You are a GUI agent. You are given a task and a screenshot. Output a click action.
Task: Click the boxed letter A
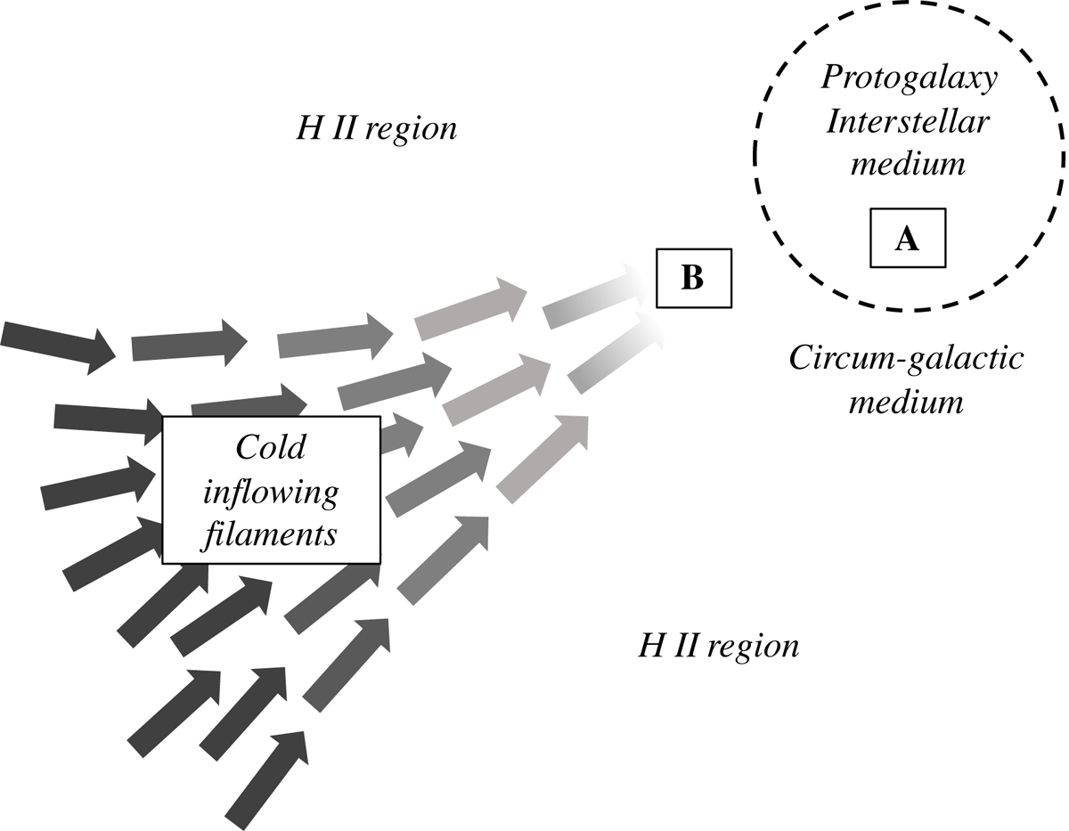907,239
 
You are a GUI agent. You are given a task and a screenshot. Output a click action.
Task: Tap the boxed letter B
692,279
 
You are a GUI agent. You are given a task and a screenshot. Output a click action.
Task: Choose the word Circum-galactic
907,360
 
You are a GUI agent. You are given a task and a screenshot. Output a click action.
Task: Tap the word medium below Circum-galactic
907,403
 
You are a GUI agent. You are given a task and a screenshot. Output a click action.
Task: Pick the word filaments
271,534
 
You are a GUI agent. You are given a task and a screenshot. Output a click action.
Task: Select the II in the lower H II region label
682,646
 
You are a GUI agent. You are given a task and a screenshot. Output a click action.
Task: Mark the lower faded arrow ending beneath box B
615,352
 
